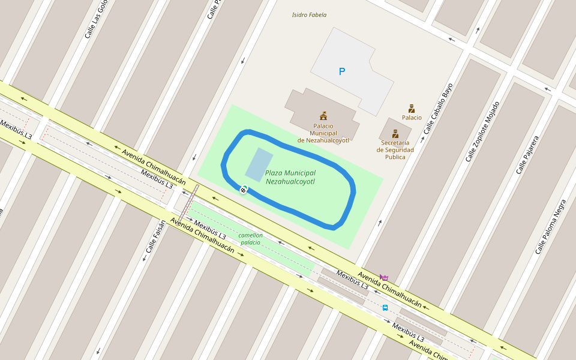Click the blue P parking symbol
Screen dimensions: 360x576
[x=342, y=72]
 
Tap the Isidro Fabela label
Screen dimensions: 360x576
[x=309, y=15]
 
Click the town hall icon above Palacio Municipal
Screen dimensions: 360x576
[x=323, y=115]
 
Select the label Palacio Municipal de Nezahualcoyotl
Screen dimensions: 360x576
[x=323, y=133]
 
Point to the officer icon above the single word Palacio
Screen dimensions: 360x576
[x=412, y=109]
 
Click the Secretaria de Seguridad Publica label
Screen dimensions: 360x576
[x=395, y=150]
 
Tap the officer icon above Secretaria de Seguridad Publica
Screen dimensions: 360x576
[x=395, y=134]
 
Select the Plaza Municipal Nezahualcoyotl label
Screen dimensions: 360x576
[x=290, y=177]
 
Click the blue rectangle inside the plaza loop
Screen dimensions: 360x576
[x=259, y=164]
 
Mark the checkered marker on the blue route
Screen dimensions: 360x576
[x=243, y=190]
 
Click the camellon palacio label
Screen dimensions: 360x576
[x=250, y=239]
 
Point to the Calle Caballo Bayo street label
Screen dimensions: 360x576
[x=437, y=109]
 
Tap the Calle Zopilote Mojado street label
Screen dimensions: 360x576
[x=482, y=131]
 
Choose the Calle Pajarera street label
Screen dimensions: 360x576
[x=527, y=155]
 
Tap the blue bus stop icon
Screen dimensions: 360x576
[x=385, y=308]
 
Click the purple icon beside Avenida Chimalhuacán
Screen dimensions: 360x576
[x=384, y=277]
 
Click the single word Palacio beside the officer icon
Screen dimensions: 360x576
[x=412, y=118]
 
